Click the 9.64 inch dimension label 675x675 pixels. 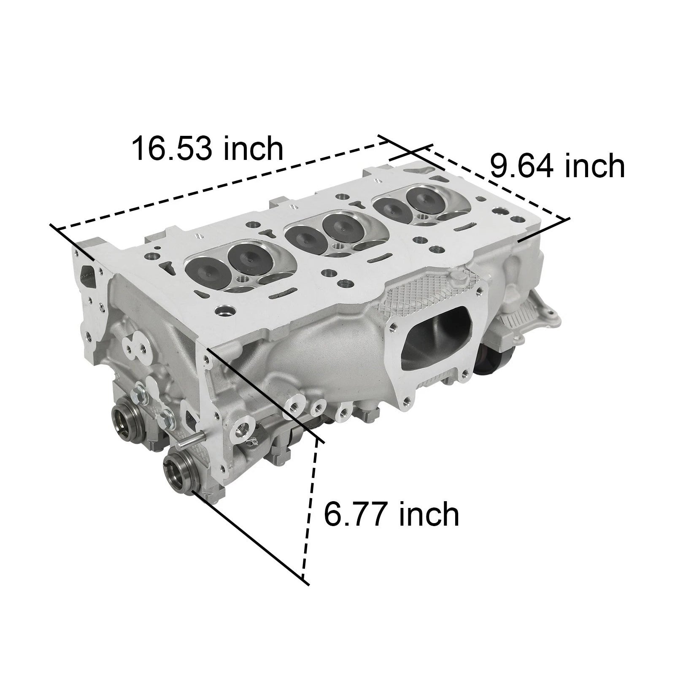tap(556, 166)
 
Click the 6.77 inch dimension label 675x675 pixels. tap(391, 514)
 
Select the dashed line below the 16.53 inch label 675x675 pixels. tap(219, 186)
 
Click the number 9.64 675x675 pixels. tap(520, 166)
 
